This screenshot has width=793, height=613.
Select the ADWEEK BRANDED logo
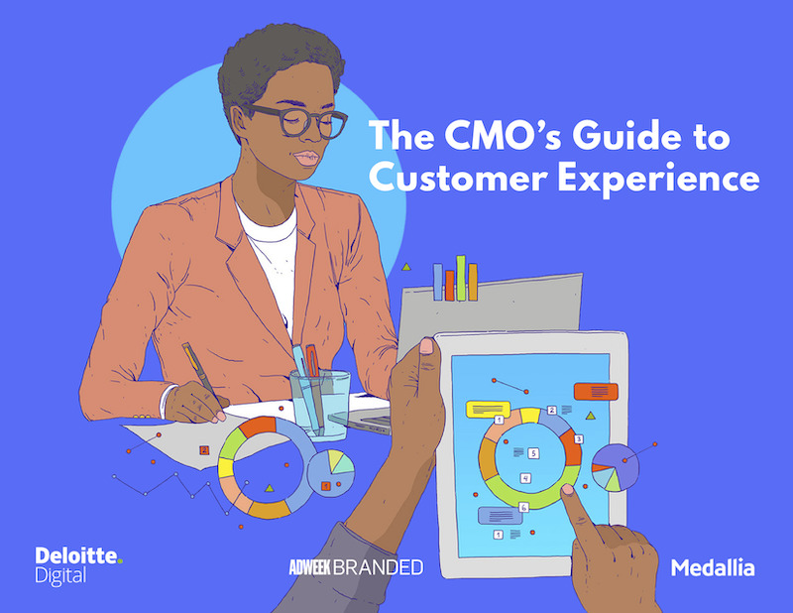click(351, 567)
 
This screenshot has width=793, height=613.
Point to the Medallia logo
click(712, 568)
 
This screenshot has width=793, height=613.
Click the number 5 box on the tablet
click(533, 453)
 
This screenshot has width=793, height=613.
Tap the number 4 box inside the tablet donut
click(525, 478)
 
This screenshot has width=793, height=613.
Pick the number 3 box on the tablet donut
click(579, 438)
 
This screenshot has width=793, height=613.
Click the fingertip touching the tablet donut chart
click(568, 490)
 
